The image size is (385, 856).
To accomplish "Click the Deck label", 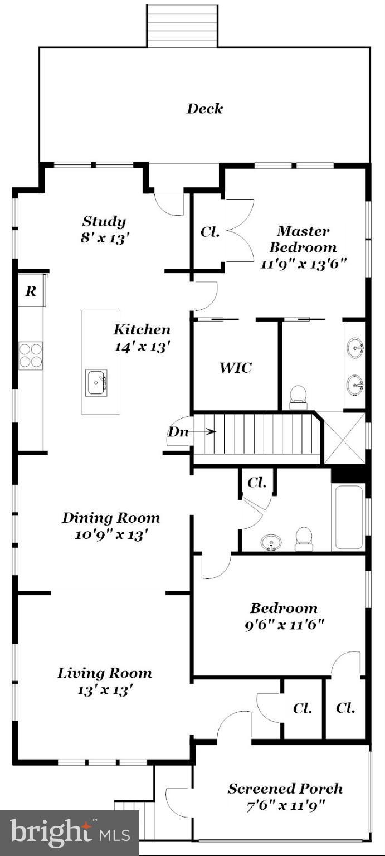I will (204, 109).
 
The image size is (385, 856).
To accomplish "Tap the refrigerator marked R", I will (31, 291).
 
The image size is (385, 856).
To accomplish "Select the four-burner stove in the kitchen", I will (31, 355).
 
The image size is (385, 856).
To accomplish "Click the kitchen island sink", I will (96, 383).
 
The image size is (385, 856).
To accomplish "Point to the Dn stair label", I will (178, 431).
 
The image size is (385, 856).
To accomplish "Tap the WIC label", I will (235, 368).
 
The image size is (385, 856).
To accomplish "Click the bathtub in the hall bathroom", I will (348, 518).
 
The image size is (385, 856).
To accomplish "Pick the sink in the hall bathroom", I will (271, 542).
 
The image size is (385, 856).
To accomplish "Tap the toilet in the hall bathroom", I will (304, 539).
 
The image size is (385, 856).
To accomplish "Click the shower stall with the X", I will (344, 438).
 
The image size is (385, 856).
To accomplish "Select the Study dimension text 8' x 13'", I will (104, 237).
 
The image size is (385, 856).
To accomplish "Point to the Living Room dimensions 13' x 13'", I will (105, 689).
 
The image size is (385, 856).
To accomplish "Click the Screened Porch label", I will (285, 789).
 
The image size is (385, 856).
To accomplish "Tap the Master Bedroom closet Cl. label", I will (209, 232).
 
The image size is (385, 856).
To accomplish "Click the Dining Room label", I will (111, 518).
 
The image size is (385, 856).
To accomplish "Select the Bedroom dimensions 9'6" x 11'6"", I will (284, 624).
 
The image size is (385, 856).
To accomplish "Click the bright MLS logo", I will (70, 833).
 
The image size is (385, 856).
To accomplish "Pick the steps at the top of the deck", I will (182, 26).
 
